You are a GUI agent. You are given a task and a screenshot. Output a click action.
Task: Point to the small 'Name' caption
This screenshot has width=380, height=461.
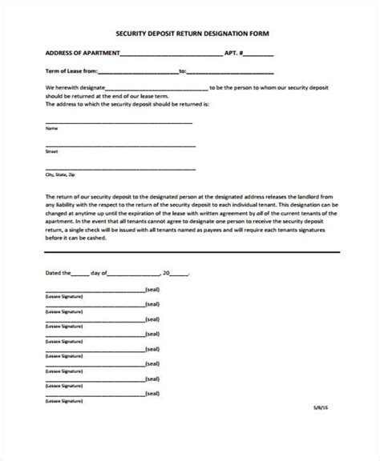click(51, 128)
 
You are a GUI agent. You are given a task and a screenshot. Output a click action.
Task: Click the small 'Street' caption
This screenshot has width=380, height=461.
click(52, 150)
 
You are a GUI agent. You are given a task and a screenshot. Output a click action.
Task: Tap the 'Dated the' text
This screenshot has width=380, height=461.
click(59, 274)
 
